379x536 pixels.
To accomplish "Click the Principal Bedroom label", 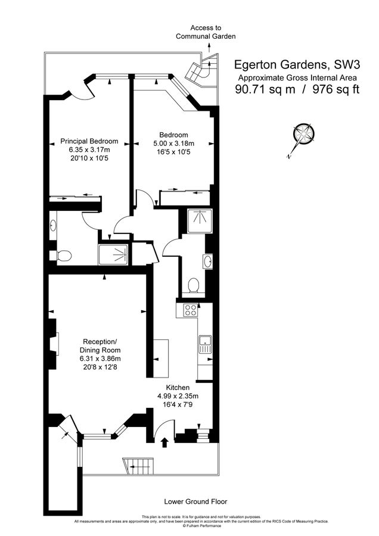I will tap(89, 142).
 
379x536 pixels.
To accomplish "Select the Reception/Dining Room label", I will tap(100, 346).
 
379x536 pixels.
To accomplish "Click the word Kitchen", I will tap(178, 388).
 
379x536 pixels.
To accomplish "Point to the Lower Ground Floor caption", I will tap(195, 501).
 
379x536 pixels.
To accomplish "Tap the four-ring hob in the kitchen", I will tap(191, 310).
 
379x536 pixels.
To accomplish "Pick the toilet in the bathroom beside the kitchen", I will tap(191, 286).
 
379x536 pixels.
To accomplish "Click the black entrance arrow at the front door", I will tap(165, 442).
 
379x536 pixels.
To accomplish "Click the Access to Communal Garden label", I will tap(206, 32).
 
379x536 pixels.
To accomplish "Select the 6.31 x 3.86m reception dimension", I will tap(100, 359).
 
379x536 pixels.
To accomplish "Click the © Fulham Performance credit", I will tap(189, 526).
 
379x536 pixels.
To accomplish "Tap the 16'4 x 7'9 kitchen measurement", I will tap(178, 404).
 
